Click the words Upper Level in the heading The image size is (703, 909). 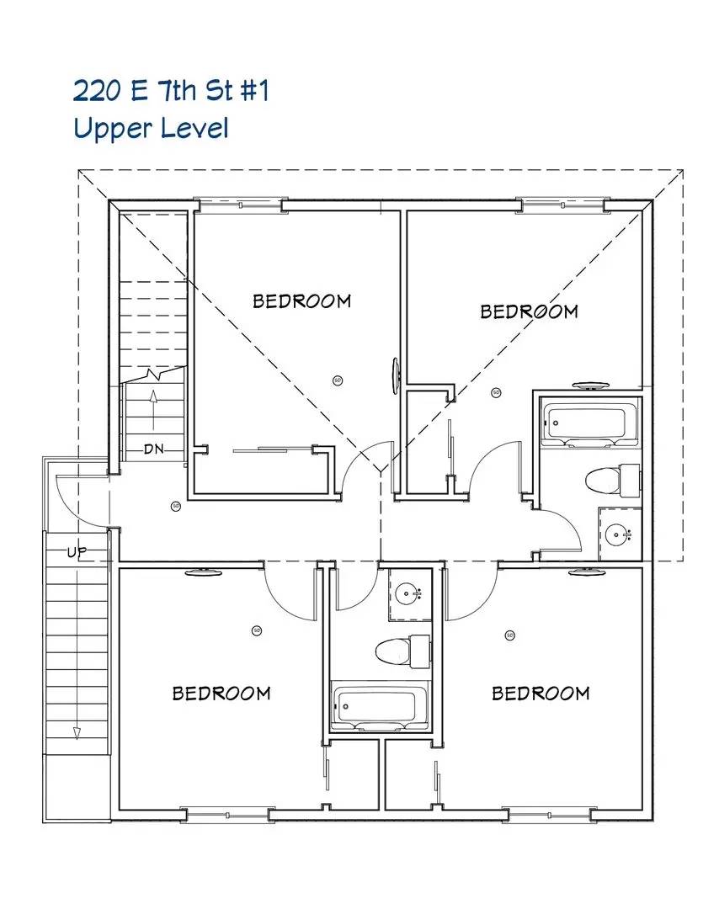151,129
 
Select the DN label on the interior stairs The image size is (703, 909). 153,449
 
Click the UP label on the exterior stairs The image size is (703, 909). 77,552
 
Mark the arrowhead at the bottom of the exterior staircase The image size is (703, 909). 77,732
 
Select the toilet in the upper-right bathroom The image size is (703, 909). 611,480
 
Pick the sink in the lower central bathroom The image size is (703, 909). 410,594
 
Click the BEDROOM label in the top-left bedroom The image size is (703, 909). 301,300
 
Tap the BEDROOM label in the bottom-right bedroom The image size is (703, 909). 540,693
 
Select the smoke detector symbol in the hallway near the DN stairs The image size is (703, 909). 176,506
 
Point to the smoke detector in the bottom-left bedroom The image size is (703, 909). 257,630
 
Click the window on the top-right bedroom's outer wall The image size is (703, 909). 562,203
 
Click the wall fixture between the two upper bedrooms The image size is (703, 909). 395,375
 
